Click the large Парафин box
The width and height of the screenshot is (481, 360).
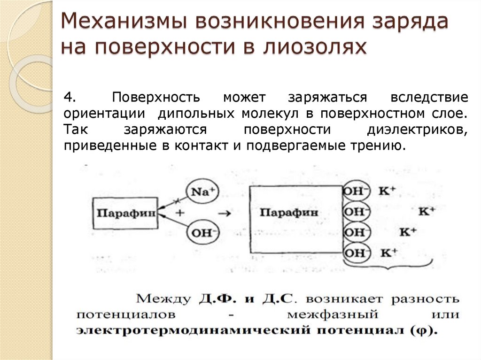296,212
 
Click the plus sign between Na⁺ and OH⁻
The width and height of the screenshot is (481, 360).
179,212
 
